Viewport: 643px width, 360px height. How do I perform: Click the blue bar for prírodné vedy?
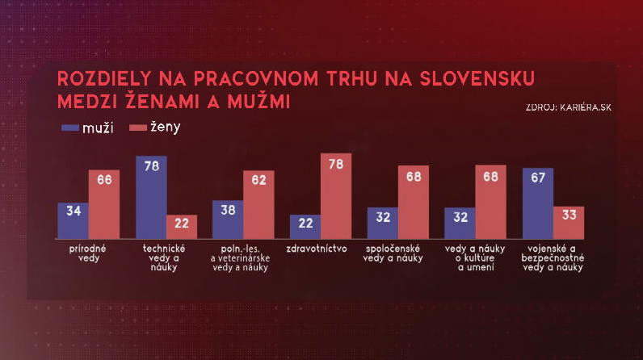73,220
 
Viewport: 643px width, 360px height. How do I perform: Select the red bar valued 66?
104,203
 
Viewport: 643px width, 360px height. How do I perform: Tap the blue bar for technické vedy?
151,197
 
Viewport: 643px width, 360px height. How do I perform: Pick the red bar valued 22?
182,226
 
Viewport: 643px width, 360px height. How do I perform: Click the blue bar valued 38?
228,219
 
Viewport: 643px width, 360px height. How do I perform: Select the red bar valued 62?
258,204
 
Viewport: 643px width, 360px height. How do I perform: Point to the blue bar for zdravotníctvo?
305,226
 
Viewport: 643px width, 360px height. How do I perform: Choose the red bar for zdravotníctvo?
337,197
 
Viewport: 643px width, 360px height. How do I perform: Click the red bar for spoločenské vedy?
414,202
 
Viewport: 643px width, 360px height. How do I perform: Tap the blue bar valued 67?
538,203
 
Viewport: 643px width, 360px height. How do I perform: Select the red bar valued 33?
569,222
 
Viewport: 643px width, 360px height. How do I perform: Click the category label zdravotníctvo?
321,249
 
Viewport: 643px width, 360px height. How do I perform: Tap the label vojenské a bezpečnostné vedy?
553,257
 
